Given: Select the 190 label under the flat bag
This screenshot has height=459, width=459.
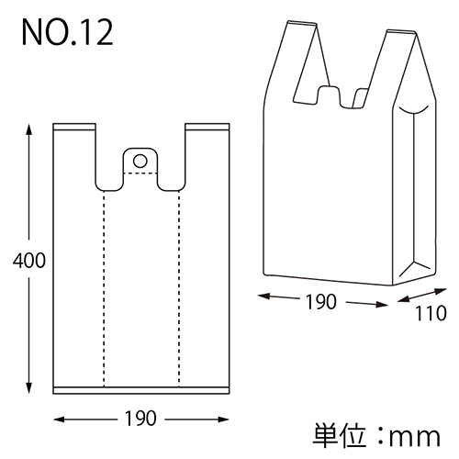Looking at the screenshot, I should coord(140,418).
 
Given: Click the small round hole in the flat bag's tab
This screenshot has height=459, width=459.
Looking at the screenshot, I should coord(140,161).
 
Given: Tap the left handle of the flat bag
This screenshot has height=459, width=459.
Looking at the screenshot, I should coord(75,151).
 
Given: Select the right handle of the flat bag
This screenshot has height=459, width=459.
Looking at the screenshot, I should coord(206,151).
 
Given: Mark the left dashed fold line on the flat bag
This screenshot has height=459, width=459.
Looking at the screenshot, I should coord(103,285).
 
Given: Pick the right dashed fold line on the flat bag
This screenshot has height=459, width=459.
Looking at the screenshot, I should coord(178,285).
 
